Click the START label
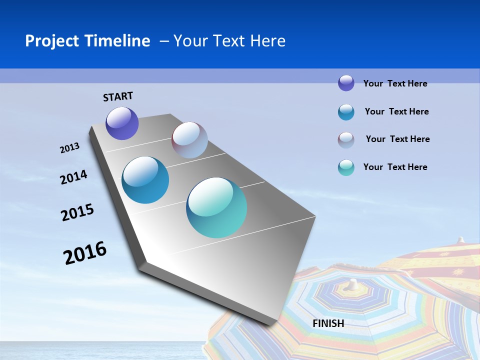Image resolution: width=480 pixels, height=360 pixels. (118, 96)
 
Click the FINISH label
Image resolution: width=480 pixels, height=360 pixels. (328, 323)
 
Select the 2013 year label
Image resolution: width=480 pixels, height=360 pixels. (69, 148)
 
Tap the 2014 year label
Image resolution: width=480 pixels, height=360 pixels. (73, 177)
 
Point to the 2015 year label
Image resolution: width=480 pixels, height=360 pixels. (77, 212)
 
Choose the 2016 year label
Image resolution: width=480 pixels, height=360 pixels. (85, 253)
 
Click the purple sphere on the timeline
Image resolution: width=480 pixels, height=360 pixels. (122, 123)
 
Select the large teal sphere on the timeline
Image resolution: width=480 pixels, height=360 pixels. (216, 207)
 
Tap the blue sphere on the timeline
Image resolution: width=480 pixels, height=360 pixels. (145, 180)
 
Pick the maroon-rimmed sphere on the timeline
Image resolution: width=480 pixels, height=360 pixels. (189, 140)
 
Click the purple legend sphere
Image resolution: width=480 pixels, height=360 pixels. (346, 83)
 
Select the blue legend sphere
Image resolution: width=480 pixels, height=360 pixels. (346, 112)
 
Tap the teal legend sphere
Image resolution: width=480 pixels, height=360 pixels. (346, 167)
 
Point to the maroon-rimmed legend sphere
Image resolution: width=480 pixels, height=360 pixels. (346, 140)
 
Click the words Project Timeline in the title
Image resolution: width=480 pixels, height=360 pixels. (87, 41)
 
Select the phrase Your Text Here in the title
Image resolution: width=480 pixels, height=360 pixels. (229, 41)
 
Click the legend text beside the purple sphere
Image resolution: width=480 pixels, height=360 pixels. (395, 83)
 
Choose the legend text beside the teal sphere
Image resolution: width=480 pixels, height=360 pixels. (395, 167)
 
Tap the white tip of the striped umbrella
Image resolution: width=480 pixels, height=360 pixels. (353, 284)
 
